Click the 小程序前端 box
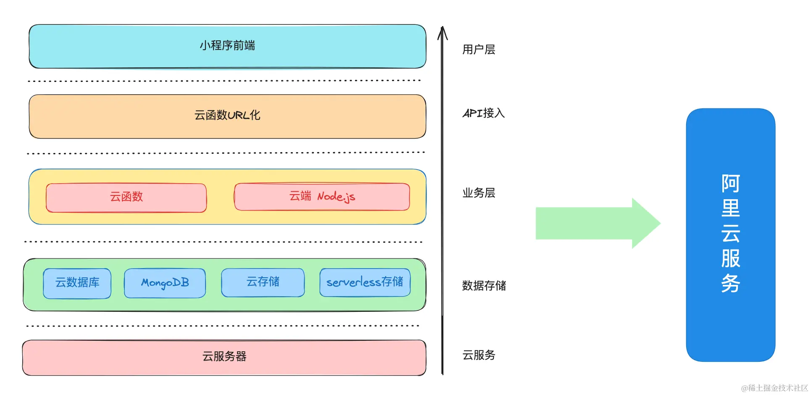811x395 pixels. tap(227, 46)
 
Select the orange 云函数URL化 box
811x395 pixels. tap(227, 116)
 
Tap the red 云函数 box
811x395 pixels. tap(126, 197)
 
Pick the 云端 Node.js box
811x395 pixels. tap(322, 197)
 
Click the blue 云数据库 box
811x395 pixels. tap(77, 283)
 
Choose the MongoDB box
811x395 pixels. tap(165, 283)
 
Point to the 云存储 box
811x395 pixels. tap(263, 282)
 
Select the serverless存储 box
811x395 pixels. tap(365, 282)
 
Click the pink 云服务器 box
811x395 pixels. tap(224, 357)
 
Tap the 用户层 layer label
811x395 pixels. tap(479, 50)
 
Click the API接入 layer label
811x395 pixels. tap(484, 113)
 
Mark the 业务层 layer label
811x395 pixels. tap(479, 193)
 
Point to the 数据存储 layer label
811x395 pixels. tap(484, 286)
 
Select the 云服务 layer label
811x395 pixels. tap(479, 355)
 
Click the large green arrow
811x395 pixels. tap(597, 224)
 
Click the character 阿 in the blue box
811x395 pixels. tap(731, 184)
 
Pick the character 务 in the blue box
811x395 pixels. tap(731, 283)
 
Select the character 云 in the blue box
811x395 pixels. tap(731, 233)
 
